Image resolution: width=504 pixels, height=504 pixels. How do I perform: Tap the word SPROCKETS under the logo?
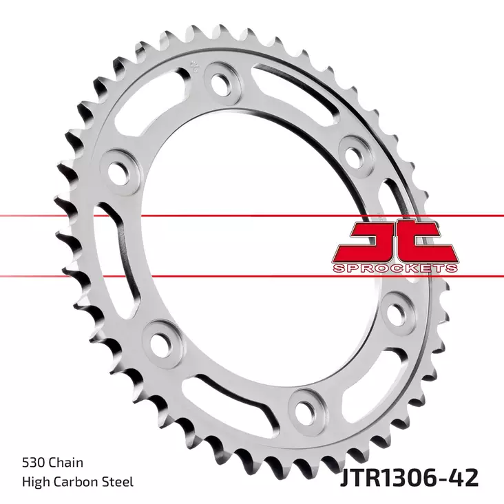(393, 268)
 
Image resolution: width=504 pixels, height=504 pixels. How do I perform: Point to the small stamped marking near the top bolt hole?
(193, 67)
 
